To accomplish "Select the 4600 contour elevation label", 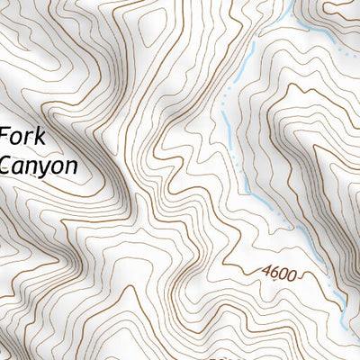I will (x=281, y=271).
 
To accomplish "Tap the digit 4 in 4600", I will (x=267, y=269).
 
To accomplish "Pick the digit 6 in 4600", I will (x=276, y=270).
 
